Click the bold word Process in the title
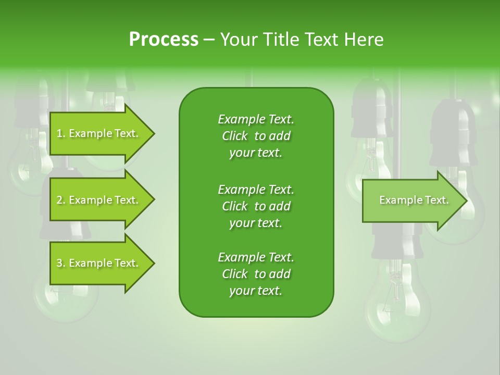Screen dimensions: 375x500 click(x=164, y=40)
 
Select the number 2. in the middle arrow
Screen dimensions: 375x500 click(x=61, y=200)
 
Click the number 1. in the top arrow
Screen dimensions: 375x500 click(x=60, y=133)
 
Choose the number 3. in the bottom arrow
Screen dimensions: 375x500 click(x=61, y=263)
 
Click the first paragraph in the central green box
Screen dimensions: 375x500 click(x=256, y=136)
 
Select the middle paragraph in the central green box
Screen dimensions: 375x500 click(x=256, y=206)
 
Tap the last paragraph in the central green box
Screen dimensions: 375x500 click(x=256, y=274)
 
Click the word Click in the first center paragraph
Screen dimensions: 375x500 click(x=235, y=136)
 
